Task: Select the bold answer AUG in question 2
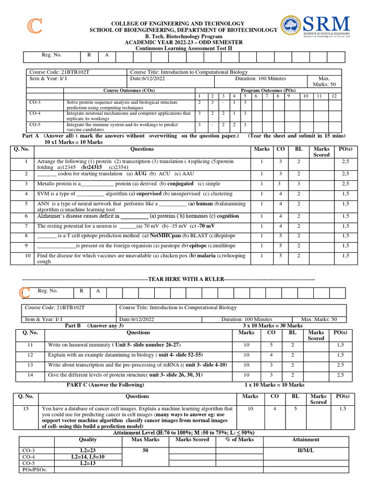140,174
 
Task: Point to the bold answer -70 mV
206,226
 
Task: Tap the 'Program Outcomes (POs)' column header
267,90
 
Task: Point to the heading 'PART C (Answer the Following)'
105,385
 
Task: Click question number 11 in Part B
30,345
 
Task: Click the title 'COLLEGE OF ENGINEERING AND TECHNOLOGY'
178,23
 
